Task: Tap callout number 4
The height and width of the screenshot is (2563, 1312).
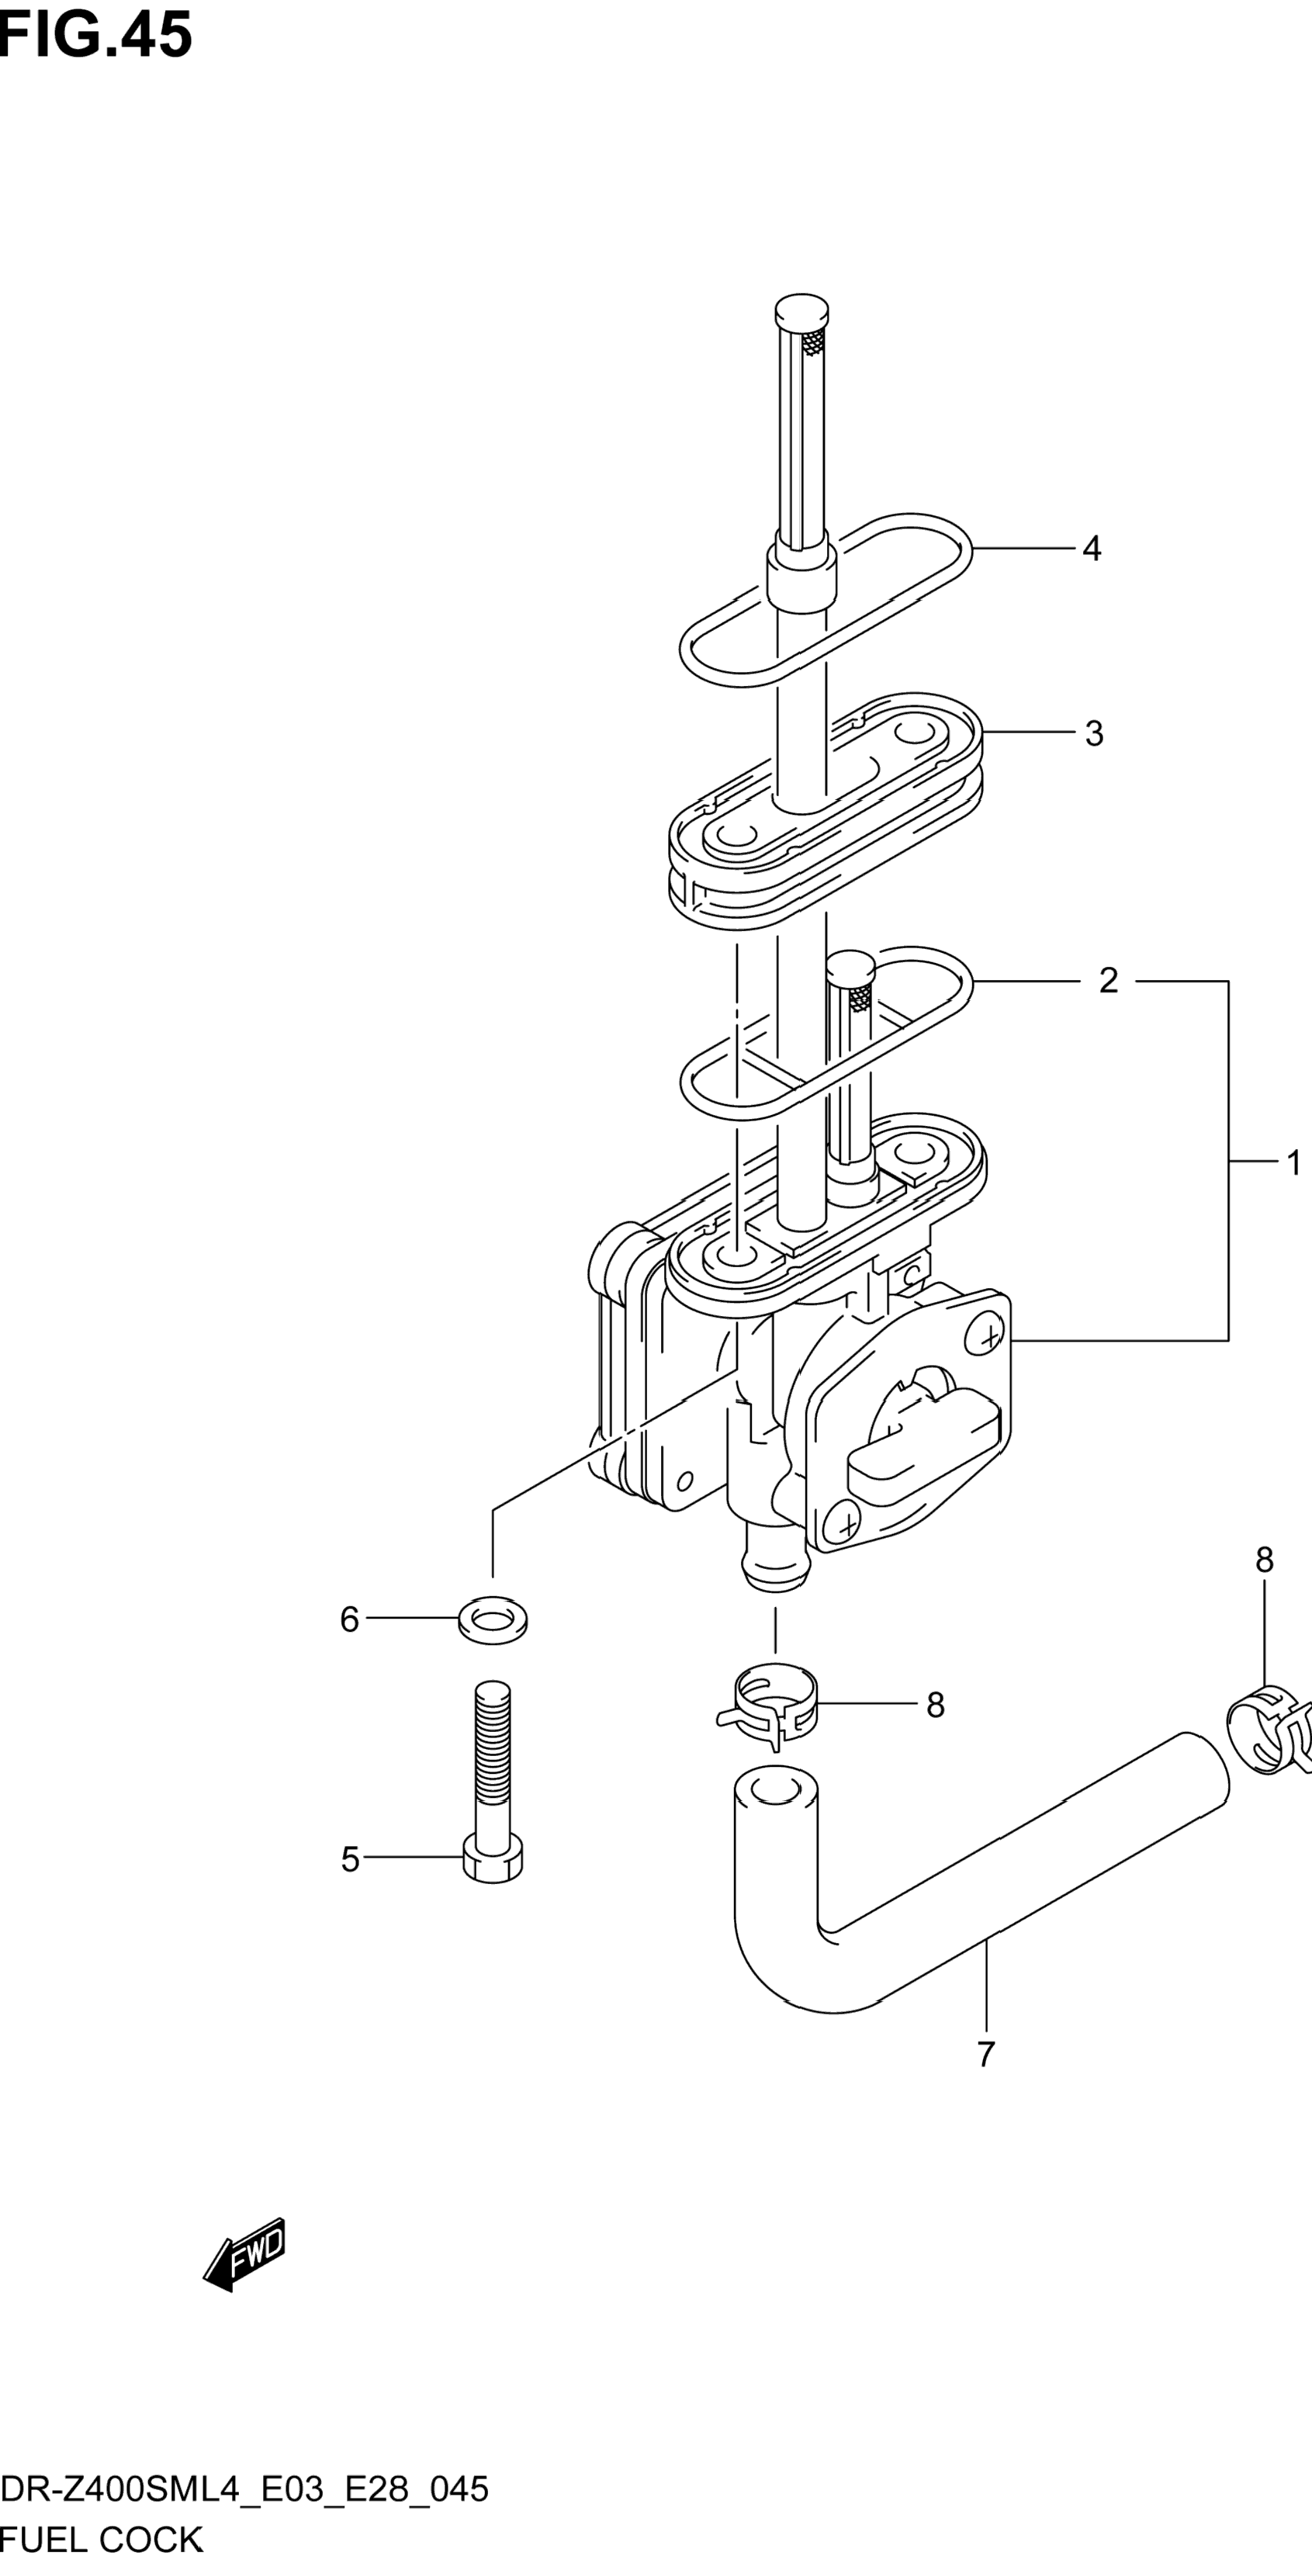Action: click(1091, 549)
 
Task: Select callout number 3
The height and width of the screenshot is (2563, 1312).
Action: click(1093, 733)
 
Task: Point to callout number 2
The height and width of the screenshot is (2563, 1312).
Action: click(1108, 981)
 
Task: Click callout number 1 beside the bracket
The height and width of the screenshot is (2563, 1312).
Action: click(1293, 1162)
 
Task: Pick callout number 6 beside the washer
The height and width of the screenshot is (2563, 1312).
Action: click(349, 1619)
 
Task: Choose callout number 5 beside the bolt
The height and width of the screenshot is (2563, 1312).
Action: click(350, 1858)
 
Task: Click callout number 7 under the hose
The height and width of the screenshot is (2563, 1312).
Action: click(985, 2054)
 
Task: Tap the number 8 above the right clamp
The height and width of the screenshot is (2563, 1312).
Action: click(1264, 1559)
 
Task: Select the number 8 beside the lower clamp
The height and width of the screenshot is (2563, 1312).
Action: click(935, 1704)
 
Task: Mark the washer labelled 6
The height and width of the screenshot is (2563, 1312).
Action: click(493, 1621)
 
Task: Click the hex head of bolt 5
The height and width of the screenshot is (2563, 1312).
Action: click(493, 1859)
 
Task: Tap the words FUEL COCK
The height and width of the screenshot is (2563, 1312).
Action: click(102, 2538)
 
